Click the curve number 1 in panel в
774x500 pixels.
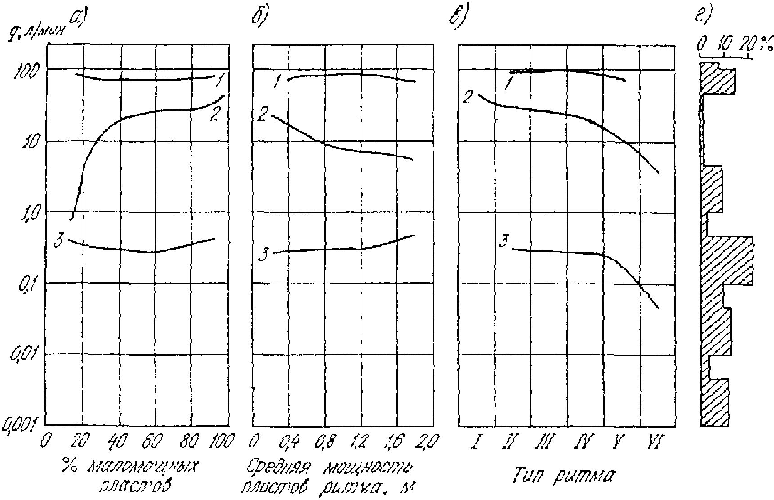(x=508, y=85)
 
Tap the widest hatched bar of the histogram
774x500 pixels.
(x=727, y=260)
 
